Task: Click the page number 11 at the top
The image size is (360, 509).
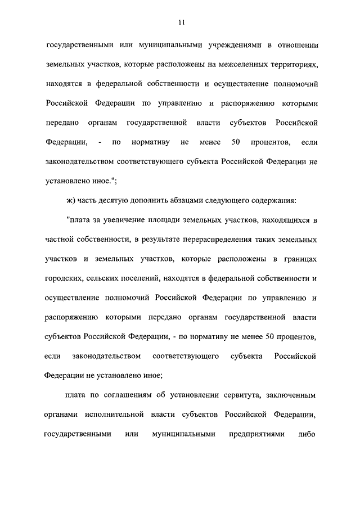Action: pyautogui.click(x=181, y=22)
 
